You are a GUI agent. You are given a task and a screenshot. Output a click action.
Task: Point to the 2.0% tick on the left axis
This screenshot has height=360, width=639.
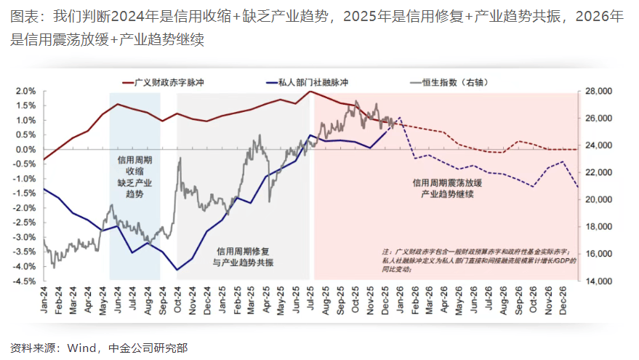point(24,92)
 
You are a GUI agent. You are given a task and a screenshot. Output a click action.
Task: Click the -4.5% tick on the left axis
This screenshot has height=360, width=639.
point(23,281)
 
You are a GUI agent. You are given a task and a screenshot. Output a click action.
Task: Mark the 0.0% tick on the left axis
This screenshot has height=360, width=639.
point(24,150)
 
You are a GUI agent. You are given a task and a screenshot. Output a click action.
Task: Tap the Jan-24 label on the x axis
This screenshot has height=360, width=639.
point(44,300)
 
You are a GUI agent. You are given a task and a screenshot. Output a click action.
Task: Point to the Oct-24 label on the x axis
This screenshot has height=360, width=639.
point(178,300)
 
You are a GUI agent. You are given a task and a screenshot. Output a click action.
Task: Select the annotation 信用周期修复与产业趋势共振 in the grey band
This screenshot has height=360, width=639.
point(244,255)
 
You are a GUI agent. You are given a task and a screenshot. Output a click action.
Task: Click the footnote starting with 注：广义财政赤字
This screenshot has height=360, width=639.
point(479,259)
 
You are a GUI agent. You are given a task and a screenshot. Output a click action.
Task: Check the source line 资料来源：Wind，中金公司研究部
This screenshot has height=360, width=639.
point(99,348)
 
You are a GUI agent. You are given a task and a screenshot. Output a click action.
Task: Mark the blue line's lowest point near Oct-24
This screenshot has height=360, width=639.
point(177,270)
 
